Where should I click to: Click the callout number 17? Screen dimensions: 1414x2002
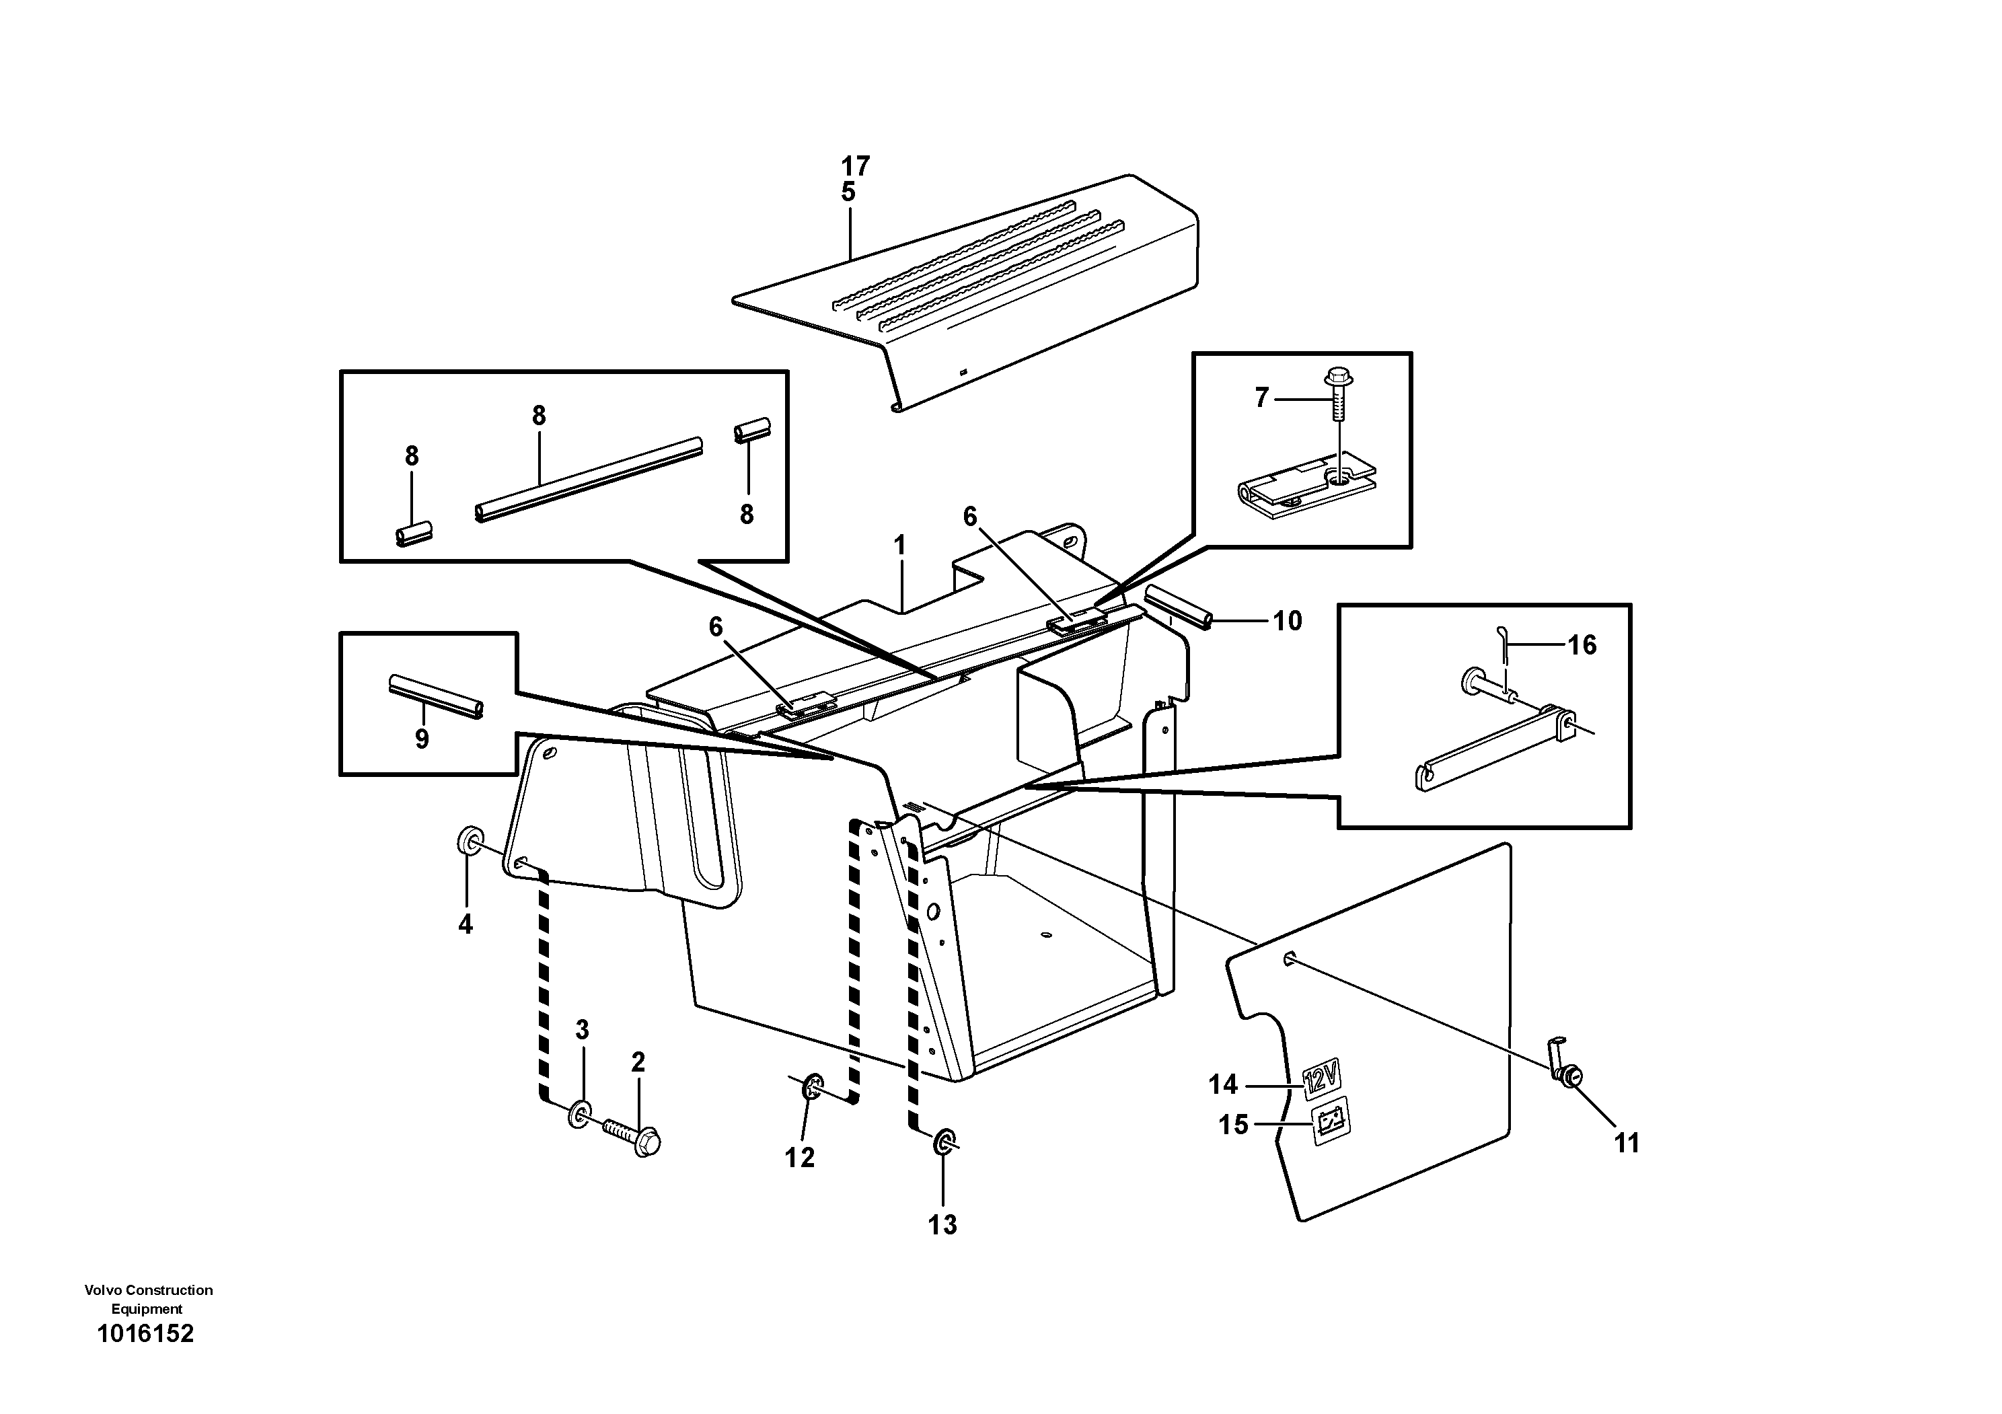click(x=856, y=165)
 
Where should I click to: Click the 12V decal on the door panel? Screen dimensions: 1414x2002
click(x=1320, y=1078)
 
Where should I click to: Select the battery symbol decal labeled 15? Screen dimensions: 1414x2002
click(x=1331, y=1120)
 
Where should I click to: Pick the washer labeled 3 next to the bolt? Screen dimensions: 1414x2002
click(x=580, y=1114)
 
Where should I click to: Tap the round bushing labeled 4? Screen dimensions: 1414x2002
click(x=471, y=842)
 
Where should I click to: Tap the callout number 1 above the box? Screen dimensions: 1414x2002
click(x=900, y=546)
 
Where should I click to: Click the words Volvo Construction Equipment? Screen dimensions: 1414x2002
click(x=148, y=1299)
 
